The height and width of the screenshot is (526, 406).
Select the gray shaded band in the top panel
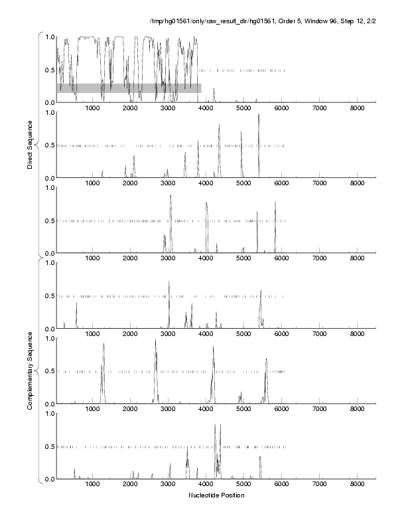click(129, 88)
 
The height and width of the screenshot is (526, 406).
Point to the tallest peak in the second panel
click(259, 116)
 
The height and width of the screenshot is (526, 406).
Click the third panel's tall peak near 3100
click(170, 196)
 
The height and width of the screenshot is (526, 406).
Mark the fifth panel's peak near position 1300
click(103, 345)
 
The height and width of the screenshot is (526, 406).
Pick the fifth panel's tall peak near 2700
click(156, 341)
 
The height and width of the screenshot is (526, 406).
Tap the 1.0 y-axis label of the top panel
click(48, 37)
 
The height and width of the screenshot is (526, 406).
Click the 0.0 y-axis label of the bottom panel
click(48, 479)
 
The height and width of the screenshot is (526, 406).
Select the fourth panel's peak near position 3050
click(169, 282)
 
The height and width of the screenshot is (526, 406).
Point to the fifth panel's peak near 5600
click(266, 359)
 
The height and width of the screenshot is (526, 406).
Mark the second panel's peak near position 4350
click(219, 126)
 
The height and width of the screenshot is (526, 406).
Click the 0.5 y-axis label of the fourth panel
click(48, 296)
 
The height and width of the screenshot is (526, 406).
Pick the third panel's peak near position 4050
click(206, 203)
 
